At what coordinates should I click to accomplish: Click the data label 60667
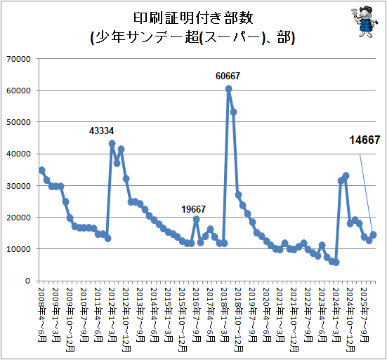point(228,76)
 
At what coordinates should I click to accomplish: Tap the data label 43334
point(101,131)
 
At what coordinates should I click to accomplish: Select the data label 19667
point(194,209)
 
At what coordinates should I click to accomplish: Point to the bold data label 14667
point(365,140)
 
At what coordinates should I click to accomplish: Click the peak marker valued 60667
point(228,88)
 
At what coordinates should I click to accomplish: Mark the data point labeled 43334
point(112,143)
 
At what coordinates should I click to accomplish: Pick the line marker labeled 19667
point(196,219)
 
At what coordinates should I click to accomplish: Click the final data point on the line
point(374,235)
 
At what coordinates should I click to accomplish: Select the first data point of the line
point(42,170)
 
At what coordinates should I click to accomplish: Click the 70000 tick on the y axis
point(18,59)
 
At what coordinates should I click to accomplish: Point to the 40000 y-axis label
point(18,154)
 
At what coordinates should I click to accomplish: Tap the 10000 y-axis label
point(18,249)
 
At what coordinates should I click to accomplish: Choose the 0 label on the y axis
point(27,281)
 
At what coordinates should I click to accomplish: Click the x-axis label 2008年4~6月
point(42,314)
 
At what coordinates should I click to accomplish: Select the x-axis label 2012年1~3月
point(112,314)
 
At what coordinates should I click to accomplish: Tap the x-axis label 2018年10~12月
point(239,319)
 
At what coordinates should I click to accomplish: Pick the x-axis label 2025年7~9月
point(365,314)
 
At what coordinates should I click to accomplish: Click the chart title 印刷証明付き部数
point(193,18)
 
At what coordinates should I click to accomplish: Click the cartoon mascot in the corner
point(365,22)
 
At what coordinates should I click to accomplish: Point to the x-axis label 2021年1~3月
point(281,314)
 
